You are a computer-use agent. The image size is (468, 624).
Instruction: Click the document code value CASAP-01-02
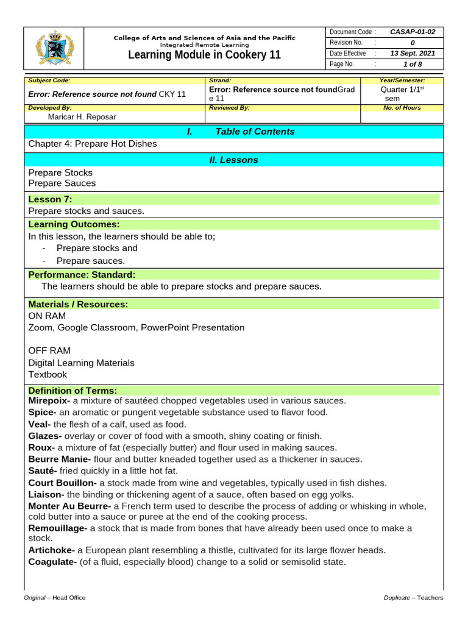click(x=413, y=32)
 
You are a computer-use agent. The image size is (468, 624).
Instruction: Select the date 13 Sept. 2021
click(x=413, y=54)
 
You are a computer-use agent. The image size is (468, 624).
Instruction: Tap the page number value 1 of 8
click(x=413, y=64)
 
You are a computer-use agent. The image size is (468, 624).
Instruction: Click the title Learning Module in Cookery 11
click(x=205, y=55)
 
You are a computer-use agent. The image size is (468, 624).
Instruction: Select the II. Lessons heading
click(x=233, y=160)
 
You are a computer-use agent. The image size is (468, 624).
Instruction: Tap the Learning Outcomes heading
click(x=74, y=224)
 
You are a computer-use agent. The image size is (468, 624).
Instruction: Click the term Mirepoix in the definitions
click(x=49, y=400)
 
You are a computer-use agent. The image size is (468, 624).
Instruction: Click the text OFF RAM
click(x=49, y=350)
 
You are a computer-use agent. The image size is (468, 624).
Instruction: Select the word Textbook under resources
click(x=48, y=374)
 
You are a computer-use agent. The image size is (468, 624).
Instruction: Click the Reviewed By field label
click(x=229, y=107)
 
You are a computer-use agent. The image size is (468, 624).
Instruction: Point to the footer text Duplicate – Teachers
click(x=413, y=598)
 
